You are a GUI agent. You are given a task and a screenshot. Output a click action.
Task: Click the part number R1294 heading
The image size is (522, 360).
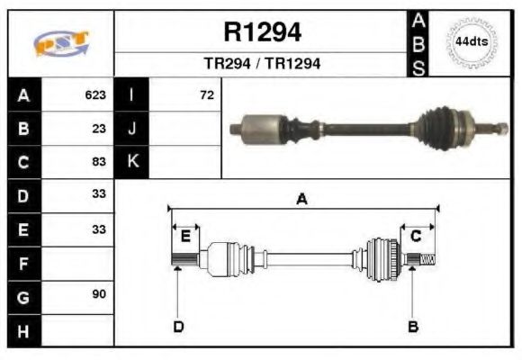point(262,33)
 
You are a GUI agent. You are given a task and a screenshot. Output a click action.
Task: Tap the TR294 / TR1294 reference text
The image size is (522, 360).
point(262,64)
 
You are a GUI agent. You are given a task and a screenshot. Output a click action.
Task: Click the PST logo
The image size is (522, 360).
point(61,43)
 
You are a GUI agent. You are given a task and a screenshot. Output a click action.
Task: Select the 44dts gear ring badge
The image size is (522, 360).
point(472,42)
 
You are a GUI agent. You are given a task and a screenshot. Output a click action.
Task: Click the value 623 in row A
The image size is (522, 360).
point(95,94)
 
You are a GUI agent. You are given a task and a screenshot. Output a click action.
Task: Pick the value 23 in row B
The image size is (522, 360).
point(99,128)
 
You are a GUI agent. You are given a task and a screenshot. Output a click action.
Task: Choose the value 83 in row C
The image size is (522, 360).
point(99,162)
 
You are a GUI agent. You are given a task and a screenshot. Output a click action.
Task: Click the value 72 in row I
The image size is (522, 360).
point(206,94)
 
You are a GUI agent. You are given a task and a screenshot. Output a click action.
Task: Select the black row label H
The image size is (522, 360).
point(23,330)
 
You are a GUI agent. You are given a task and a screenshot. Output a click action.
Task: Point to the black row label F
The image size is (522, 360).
point(23,263)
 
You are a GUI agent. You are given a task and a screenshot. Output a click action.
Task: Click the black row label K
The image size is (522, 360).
point(132,162)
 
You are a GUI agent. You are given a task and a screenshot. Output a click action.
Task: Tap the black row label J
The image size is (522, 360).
point(132,128)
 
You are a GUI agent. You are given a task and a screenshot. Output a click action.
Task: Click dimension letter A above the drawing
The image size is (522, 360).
point(301,200)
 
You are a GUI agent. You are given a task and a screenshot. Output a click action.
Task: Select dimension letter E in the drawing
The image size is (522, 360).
point(184,237)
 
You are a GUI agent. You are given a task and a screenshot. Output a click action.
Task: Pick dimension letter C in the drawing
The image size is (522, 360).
point(416,236)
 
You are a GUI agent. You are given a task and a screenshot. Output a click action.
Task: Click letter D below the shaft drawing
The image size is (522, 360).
point(177,326)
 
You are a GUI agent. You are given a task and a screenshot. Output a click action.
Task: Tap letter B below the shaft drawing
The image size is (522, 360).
point(413,326)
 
